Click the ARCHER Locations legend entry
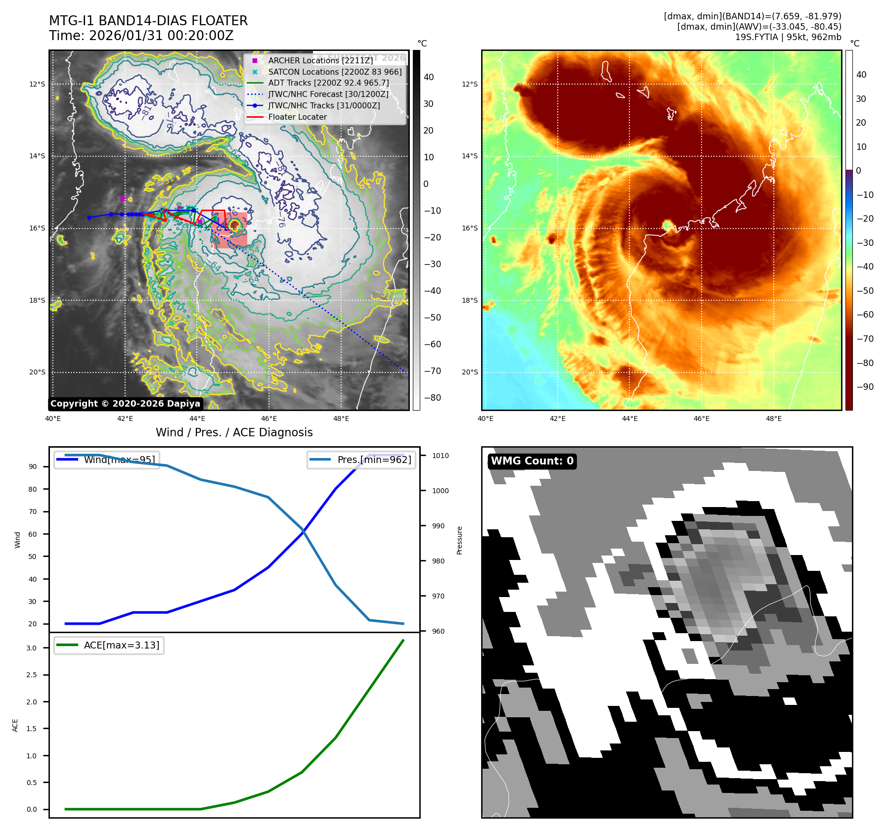[320, 60]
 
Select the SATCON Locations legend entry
[335, 72]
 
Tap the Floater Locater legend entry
[297, 117]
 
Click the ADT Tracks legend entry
[328, 83]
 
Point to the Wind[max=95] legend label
[119, 460]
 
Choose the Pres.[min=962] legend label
[374, 460]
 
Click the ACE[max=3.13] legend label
[122, 645]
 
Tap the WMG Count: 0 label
[532, 461]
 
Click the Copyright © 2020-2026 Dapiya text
[125, 404]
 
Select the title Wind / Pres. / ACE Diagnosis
[234, 432]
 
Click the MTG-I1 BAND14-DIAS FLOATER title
[148, 21]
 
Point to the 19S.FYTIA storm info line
[788, 37]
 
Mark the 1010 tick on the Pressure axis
[440, 456]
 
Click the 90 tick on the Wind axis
[33, 466]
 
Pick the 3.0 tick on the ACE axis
[32, 648]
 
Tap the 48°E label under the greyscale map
[341, 418]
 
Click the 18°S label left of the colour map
[470, 300]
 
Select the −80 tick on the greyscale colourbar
[432, 398]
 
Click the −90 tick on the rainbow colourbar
[865, 387]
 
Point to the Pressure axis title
[459, 540]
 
